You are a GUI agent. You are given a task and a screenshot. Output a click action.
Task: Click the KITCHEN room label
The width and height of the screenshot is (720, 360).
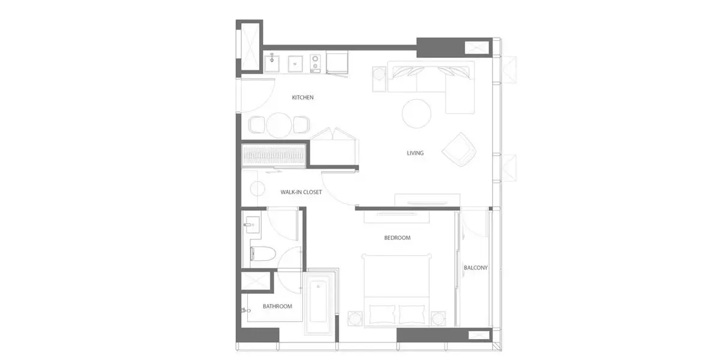click(302, 97)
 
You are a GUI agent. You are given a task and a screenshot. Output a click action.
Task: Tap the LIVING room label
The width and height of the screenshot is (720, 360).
click(415, 153)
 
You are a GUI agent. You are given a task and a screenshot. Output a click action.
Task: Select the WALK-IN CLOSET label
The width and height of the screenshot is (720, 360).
click(301, 192)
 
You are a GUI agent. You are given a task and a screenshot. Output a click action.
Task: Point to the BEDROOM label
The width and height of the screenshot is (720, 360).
click(397, 238)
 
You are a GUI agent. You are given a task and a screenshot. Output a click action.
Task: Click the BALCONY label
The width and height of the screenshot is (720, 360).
click(475, 268)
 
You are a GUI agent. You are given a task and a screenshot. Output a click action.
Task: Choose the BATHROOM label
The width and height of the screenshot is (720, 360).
click(277, 307)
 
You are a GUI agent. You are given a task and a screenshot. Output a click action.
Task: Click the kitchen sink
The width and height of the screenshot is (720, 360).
click(272, 64)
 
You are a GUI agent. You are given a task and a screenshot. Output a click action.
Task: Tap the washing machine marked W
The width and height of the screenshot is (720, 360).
click(295, 64)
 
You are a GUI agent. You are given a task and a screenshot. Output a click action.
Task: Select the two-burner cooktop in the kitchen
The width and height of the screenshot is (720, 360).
click(316, 64)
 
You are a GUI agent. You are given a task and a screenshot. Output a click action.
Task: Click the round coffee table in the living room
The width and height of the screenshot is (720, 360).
click(416, 113)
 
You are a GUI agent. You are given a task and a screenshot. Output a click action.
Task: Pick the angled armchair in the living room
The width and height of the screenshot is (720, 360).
click(459, 149)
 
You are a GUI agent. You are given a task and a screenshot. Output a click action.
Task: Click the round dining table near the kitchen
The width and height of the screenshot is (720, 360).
click(279, 125)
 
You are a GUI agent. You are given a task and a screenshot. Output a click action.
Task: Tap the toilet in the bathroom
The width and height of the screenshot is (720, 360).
click(263, 254)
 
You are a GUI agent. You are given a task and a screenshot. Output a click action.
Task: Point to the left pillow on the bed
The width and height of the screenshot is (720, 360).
click(382, 314)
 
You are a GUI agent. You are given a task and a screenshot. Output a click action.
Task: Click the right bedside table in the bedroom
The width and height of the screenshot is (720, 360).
click(439, 319)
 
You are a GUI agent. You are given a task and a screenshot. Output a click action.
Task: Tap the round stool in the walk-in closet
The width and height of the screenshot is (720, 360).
click(257, 188)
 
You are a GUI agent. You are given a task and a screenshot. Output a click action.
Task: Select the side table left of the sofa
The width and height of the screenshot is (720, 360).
click(379, 79)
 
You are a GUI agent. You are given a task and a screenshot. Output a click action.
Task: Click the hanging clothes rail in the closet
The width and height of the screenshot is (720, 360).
click(273, 157)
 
